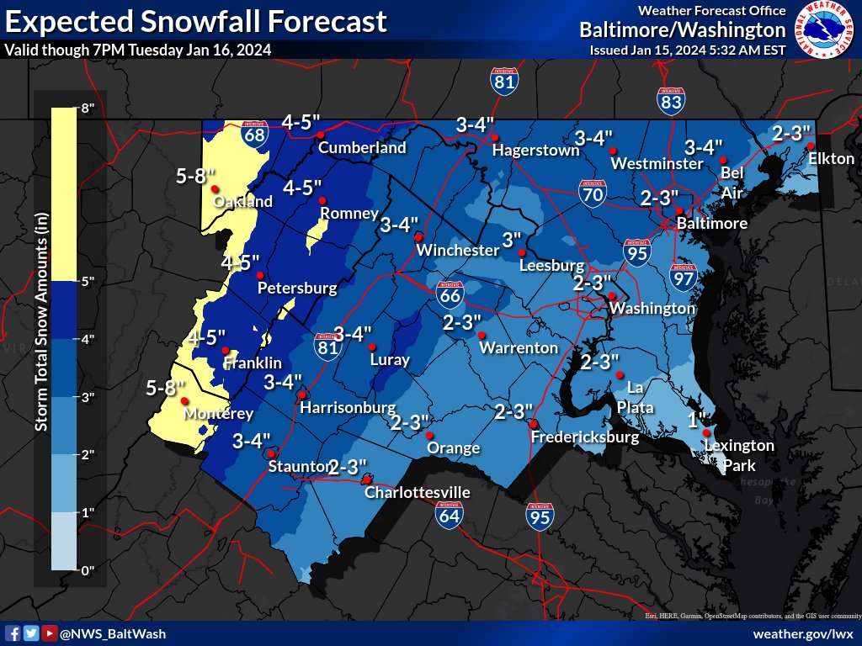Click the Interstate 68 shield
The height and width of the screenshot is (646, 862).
255,132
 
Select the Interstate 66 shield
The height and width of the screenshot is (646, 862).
449,294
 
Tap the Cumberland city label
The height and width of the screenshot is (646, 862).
362,148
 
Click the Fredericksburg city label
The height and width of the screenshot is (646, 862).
586,437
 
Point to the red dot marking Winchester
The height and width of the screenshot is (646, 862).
418,237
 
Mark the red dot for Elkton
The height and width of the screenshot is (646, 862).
810,146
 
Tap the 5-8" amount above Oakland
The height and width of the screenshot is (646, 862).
197,177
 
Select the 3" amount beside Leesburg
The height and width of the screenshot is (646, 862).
512,239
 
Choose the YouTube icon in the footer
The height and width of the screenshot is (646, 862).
49,633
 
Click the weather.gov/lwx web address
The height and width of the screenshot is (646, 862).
803,633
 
